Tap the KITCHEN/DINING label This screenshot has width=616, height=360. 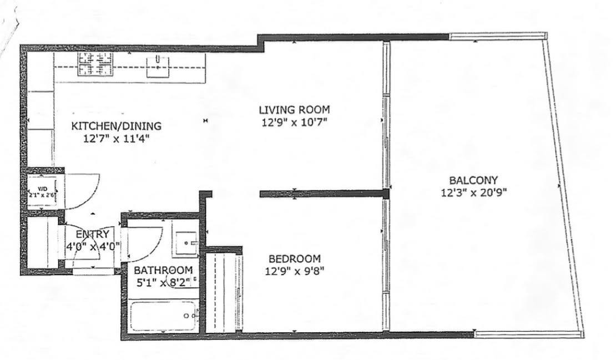[x=117, y=127]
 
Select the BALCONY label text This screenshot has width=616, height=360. [x=473, y=180]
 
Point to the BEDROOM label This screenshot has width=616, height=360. [x=294, y=259]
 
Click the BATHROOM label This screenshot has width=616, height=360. [x=163, y=270]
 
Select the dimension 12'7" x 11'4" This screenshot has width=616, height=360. [x=117, y=139]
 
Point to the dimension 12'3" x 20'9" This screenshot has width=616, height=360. [x=473, y=192]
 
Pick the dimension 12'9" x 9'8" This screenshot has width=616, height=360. [x=295, y=271]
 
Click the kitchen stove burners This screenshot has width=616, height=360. [x=95, y=64]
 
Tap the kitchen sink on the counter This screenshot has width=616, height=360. [x=160, y=66]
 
